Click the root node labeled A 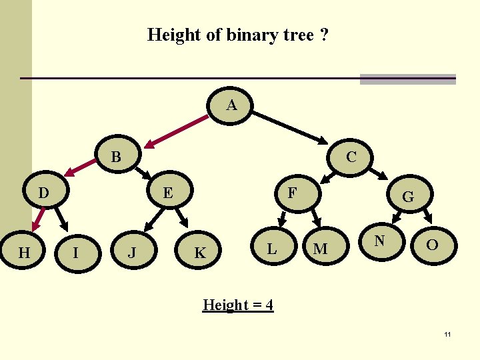(x=231, y=106)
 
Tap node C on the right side (x=351, y=157)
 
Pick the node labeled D (x=44, y=193)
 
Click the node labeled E (x=168, y=193)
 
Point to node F (x=291, y=193)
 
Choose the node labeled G (x=407, y=197)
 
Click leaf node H (x=24, y=252)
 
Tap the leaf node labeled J (x=132, y=252)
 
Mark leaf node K (x=199, y=253)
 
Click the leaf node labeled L (x=271, y=249)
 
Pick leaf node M (x=320, y=249)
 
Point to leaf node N (x=379, y=241)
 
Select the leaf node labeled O (x=432, y=245)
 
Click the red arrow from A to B (x=177, y=131)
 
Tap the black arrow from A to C (x=291, y=127)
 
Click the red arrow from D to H (x=39, y=218)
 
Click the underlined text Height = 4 (x=238, y=305)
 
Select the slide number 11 (x=448, y=334)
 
